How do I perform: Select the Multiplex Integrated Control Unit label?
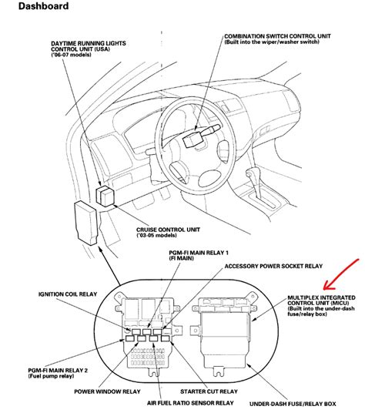(321, 301)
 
